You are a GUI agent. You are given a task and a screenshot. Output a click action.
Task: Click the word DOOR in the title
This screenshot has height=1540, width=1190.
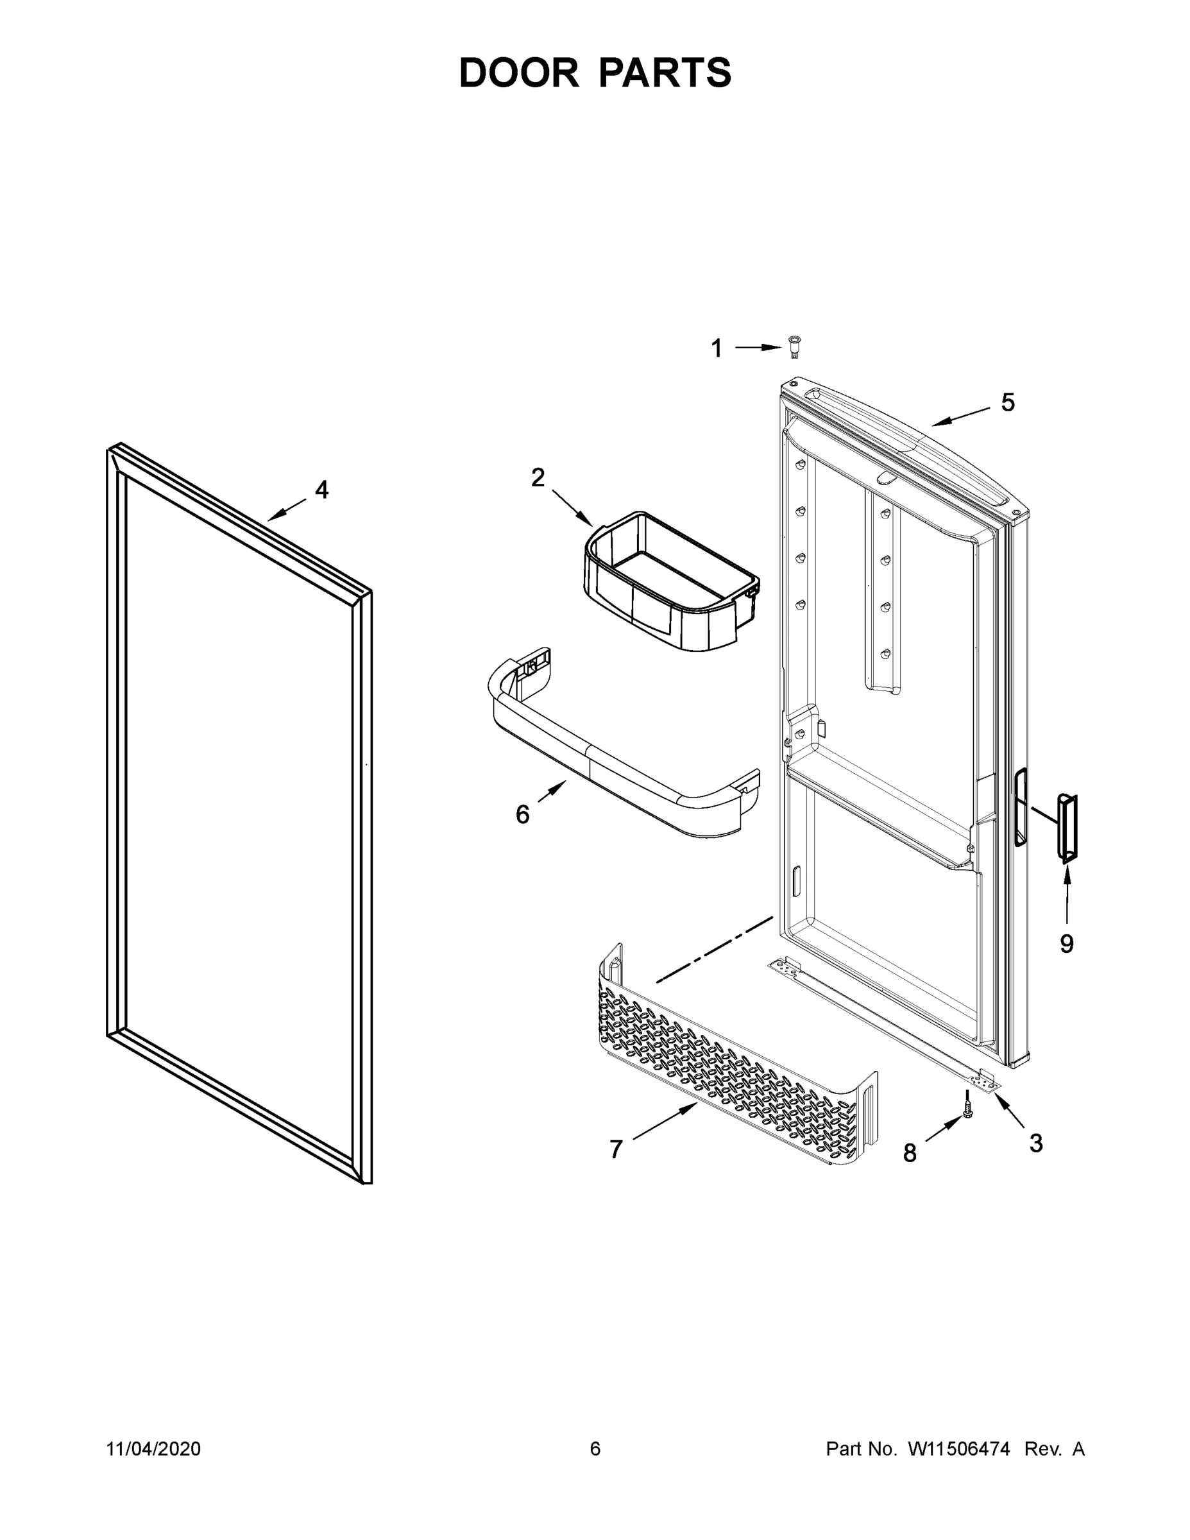point(518,73)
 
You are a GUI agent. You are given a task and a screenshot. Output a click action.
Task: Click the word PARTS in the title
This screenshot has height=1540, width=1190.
point(665,73)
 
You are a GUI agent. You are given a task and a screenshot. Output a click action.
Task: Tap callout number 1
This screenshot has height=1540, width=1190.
point(717,348)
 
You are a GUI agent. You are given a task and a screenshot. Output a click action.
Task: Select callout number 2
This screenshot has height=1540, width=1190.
point(538,478)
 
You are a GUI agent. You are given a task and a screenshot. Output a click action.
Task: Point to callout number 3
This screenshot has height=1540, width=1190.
point(1035,1143)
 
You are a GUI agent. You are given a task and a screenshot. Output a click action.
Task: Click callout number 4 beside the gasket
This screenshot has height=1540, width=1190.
point(321,490)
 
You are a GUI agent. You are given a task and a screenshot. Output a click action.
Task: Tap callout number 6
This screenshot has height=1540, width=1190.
point(522,814)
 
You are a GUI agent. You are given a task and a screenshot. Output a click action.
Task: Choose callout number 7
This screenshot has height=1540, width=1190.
point(616,1149)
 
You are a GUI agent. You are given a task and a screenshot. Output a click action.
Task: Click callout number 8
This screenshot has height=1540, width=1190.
point(910,1154)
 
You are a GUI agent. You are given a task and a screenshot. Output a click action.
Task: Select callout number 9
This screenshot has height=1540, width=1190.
point(1067,943)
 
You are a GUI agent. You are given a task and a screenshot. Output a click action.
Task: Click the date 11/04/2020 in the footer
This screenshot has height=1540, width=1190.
point(154,1448)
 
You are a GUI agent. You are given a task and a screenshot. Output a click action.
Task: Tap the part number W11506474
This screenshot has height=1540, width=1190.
point(959,1448)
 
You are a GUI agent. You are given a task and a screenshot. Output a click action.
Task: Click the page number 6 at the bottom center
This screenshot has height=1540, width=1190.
point(595,1448)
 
